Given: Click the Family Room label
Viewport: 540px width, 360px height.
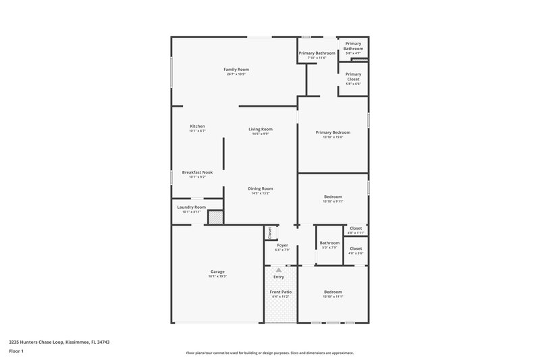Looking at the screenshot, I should pos(237,69).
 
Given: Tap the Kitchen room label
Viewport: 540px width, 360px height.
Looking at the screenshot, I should pos(197,126).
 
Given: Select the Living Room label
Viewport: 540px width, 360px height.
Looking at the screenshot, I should pos(260,129).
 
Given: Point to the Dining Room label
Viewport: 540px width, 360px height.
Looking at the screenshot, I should pos(260,188).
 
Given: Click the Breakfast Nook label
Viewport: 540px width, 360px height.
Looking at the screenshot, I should pos(197,172).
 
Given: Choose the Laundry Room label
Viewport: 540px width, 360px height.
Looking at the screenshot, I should pos(191,207).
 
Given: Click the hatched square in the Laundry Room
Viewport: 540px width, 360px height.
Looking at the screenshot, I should pos(215,217).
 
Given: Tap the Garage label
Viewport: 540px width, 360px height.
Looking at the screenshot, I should pos(217,272).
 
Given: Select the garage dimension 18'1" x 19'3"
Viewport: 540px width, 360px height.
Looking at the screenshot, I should pos(217,276).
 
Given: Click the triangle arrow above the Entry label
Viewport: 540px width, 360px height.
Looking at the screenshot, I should pos(279,269).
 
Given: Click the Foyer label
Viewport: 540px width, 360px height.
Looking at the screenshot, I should pos(282,245).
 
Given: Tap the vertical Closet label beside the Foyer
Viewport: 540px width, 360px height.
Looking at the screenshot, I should pos(270,233).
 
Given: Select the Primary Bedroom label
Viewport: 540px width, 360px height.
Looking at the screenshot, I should pos(333,132).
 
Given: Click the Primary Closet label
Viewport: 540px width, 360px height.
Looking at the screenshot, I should pos(353,76).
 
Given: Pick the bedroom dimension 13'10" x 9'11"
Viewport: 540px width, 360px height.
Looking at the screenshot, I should pos(333,201).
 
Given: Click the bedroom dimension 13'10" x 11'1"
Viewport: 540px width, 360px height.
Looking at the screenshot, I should pos(333,297).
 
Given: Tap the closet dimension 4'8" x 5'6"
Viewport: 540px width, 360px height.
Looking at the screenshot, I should pos(356,253).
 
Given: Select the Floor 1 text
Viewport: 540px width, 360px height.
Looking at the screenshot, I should pos(16,351).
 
